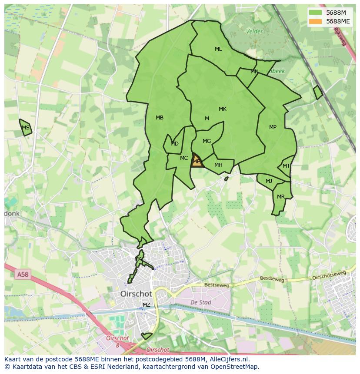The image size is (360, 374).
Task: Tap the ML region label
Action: (x=218, y=49)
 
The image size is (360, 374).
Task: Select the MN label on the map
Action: (x=254, y=72)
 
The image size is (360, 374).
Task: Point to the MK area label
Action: (x=223, y=109)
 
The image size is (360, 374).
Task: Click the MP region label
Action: (x=273, y=127)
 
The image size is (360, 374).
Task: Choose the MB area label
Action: (x=160, y=118)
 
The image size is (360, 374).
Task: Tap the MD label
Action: (x=174, y=144)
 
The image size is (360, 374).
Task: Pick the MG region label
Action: (x=207, y=141)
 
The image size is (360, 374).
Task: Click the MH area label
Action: (x=218, y=165)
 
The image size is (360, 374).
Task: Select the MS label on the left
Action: (x=26, y=128)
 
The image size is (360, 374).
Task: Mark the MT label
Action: (x=286, y=166)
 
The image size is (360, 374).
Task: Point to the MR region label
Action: (x=281, y=197)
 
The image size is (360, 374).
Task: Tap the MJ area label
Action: (x=269, y=181)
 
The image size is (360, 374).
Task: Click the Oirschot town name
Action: (x=136, y=294)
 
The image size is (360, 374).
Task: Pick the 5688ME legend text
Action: (x=338, y=21)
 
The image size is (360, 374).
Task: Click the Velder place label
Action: (x=254, y=31)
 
